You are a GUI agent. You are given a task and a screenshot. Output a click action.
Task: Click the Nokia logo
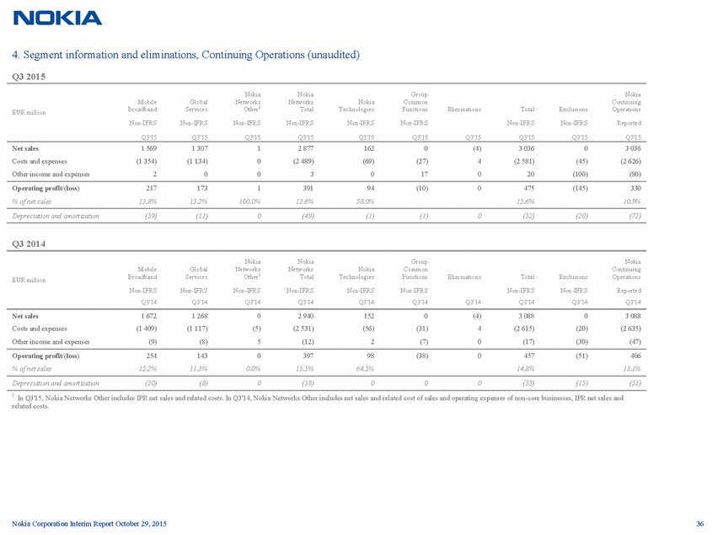(x=58, y=18)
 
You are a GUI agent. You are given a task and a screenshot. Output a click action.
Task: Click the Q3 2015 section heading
(x=29, y=77)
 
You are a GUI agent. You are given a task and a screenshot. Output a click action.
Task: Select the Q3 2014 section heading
(x=29, y=244)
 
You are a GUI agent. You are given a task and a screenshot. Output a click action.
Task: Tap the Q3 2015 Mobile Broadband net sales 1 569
(x=145, y=147)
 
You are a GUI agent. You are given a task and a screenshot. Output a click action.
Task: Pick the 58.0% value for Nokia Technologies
(x=363, y=203)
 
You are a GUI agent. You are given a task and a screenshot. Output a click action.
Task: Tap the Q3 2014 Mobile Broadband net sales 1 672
(x=145, y=315)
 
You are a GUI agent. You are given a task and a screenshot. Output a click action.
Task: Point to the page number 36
(x=699, y=525)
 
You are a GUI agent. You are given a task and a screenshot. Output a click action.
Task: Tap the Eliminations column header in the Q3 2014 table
(x=463, y=276)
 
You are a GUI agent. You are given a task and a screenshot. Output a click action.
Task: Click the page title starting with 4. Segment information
(x=186, y=55)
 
